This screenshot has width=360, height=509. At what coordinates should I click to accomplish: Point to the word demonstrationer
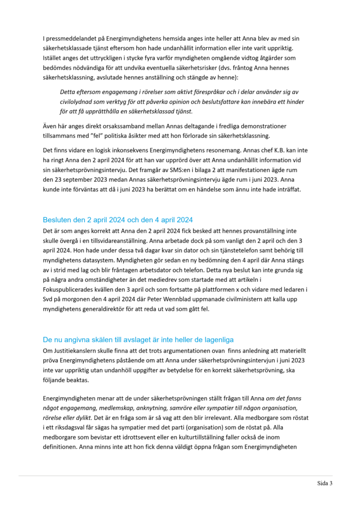coord(265,126)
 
